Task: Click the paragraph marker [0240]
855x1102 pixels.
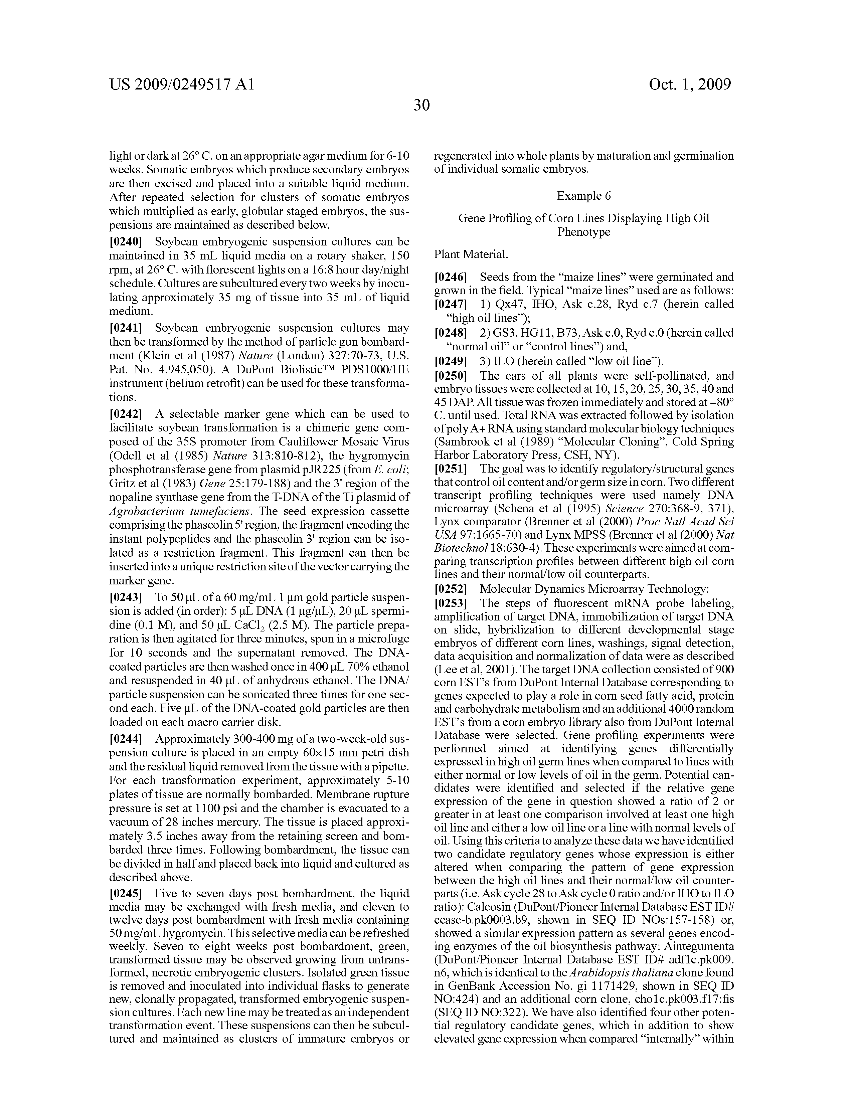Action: (x=126, y=242)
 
